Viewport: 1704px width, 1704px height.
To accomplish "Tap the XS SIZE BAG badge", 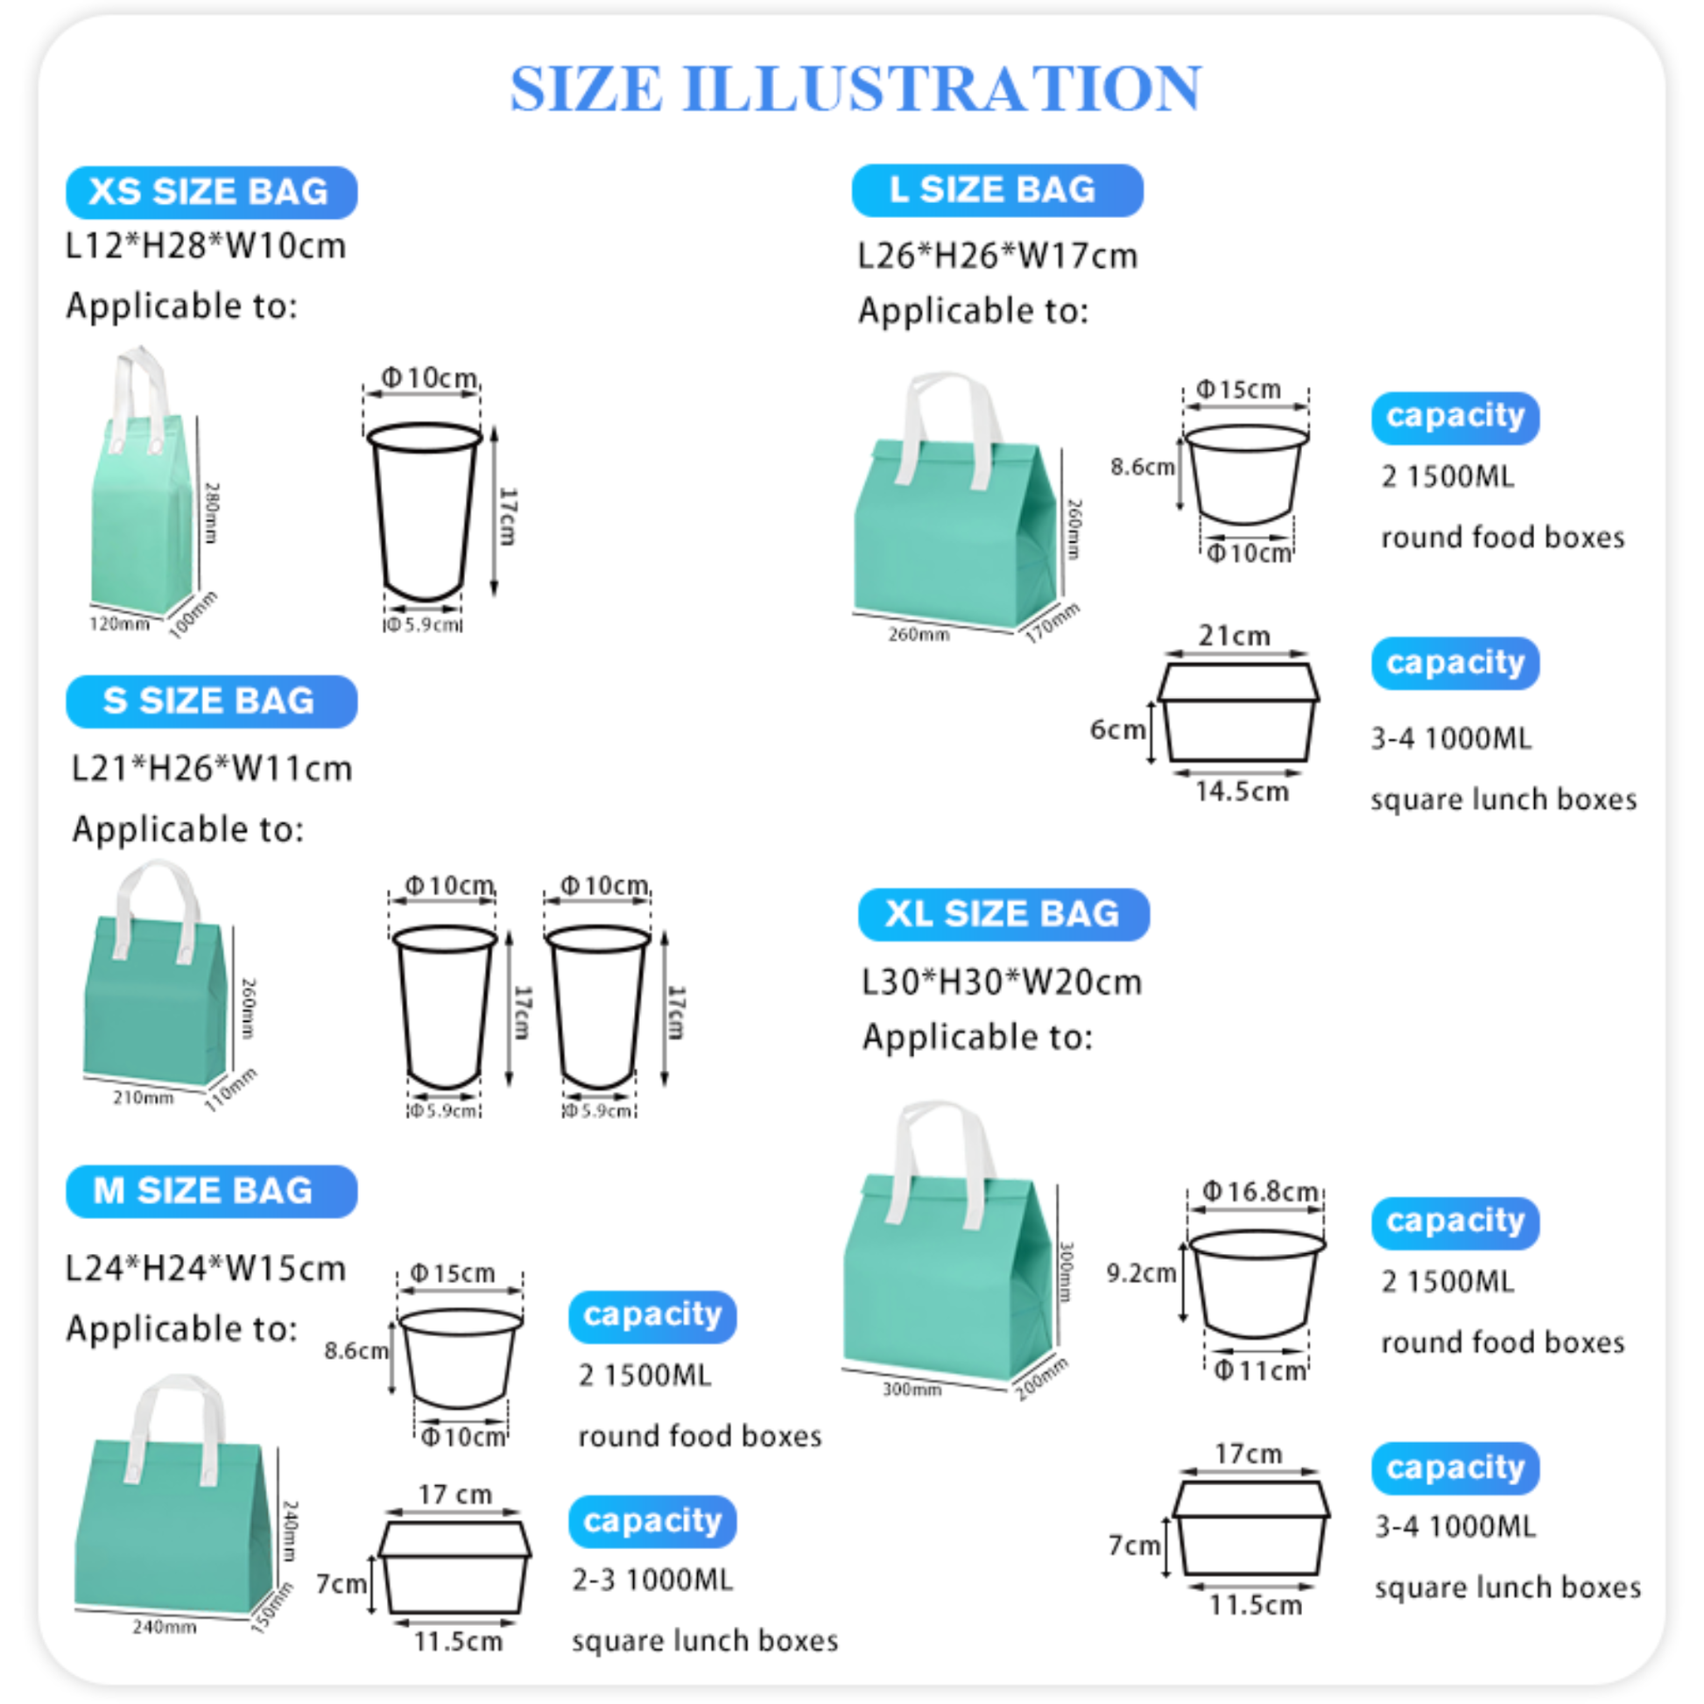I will (x=211, y=193).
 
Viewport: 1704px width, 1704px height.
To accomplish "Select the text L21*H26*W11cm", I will (x=212, y=768).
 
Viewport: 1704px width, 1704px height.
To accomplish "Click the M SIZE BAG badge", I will (x=211, y=1191).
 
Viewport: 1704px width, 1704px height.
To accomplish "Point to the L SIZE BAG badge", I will (x=996, y=191).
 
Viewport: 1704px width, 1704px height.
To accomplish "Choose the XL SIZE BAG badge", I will (x=1003, y=914).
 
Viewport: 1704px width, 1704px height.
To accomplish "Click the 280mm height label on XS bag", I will (x=212, y=512).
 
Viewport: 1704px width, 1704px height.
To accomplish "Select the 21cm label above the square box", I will (x=1234, y=636).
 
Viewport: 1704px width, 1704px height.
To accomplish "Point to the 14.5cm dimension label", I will (x=1242, y=792).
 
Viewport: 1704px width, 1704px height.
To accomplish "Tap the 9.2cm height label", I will (x=1140, y=1272).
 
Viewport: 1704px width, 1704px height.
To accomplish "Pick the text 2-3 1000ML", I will (x=651, y=1580).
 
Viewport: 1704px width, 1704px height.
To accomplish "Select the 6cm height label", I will (x=1116, y=729).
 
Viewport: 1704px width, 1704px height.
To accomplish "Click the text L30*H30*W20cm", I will (x=1001, y=982).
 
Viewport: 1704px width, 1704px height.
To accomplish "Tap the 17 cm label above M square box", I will (x=454, y=1494).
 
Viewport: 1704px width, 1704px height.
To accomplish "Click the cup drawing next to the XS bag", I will (x=424, y=511).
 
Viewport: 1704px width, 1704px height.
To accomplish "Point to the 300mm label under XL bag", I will (x=911, y=1390).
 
